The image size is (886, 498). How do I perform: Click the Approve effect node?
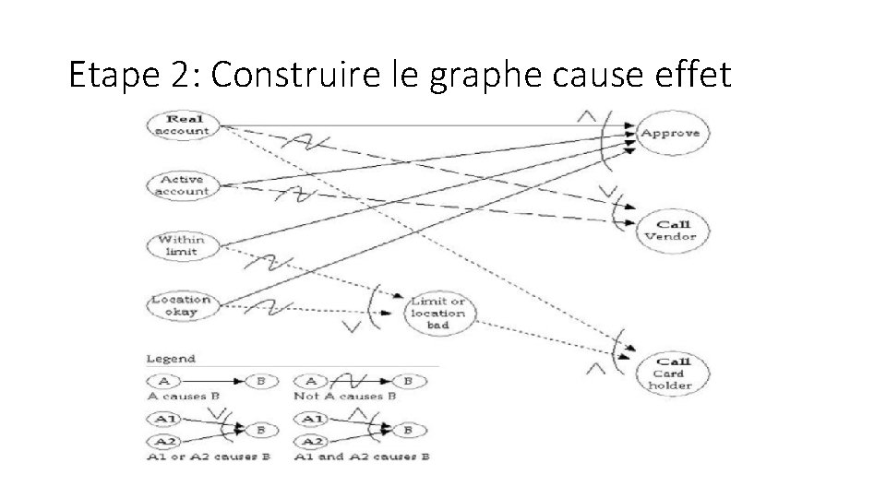pos(670,133)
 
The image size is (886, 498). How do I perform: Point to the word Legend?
pos(171,359)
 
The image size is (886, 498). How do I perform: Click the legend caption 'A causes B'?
pos(183,396)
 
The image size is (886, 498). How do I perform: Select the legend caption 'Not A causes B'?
pos(345,396)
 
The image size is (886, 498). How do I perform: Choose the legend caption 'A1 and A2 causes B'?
pos(362,456)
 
